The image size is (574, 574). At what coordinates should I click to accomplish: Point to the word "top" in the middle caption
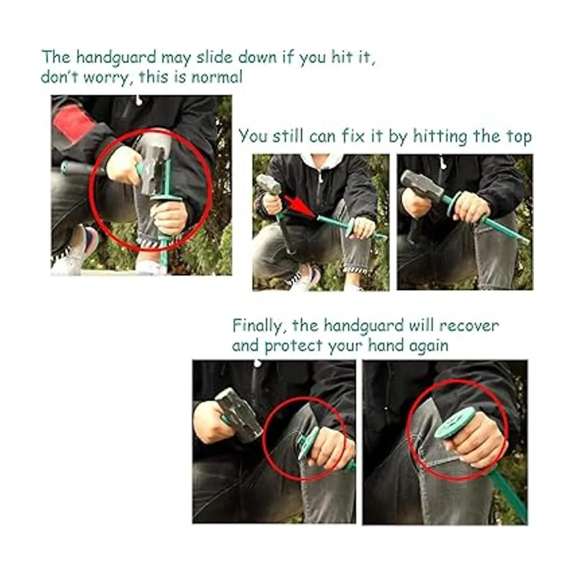[x=519, y=138]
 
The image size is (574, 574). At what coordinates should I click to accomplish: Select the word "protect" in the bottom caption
[x=294, y=347]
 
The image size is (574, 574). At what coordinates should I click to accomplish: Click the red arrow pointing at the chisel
[x=299, y=206]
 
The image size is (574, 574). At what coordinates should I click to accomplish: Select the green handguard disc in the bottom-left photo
[x=309, y=443]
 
